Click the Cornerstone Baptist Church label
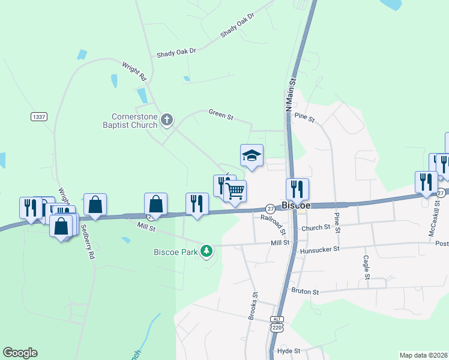tap(135, 121)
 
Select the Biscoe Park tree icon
tap(206, 251)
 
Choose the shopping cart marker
tap(236, 191)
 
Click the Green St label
tap(221, 113)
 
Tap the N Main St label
tap(292, 93)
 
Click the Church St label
tap(316, 227)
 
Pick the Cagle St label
tap(366, 268)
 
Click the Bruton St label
tap(305, 291)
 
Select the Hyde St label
tap(288, 350)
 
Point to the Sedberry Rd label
tap(88, 242)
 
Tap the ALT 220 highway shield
tap(276, 324)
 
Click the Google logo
tap(20, 353)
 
